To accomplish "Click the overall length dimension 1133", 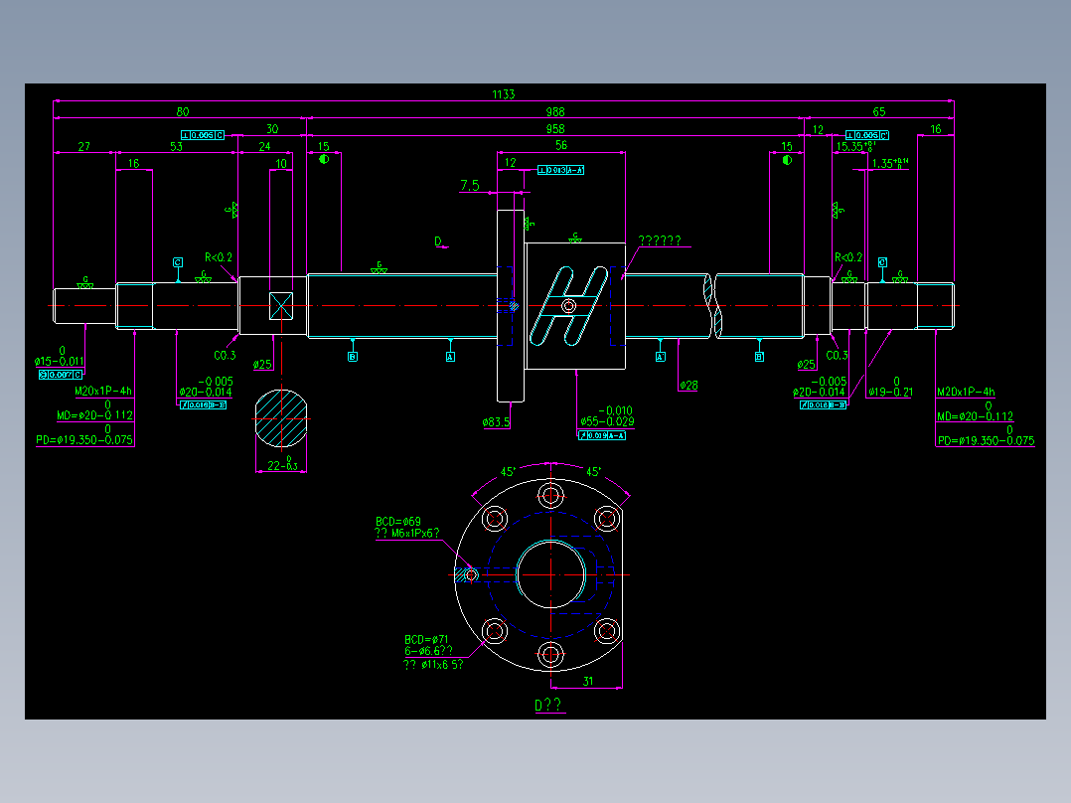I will (504, 94).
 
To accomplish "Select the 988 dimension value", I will (555, 111).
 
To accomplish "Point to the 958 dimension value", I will (555, 129).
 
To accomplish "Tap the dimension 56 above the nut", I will (561, 145).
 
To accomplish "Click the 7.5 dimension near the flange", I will (470, 185).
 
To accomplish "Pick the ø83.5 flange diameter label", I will (496, 422).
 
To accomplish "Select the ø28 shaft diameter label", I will (688, 385).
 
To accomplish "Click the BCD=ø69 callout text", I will (398, 522).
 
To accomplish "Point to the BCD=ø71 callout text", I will (426, 639).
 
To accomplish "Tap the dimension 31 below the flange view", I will (587, 681).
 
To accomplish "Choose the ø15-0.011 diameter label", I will (61, 362).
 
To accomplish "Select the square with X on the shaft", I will (281, 305).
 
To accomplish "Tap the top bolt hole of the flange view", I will (549, 495).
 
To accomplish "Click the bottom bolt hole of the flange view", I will (549, 653).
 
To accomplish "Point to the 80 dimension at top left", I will (182, 111).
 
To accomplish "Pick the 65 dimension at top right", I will (878, 111).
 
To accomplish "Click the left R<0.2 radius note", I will (219, 257).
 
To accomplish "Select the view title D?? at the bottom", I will (548, 706).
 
